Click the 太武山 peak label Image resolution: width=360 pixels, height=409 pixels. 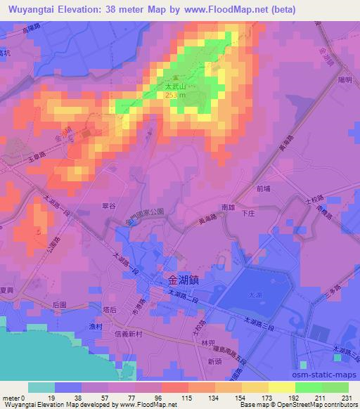[174, 87]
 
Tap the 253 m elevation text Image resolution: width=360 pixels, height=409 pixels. [176, 96]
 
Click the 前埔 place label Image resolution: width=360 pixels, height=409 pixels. [264, 188]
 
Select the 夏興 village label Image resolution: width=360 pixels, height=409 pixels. [7, 289]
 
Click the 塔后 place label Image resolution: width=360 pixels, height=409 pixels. [108, 309]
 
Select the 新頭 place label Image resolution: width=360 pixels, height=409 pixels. [214, 361]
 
